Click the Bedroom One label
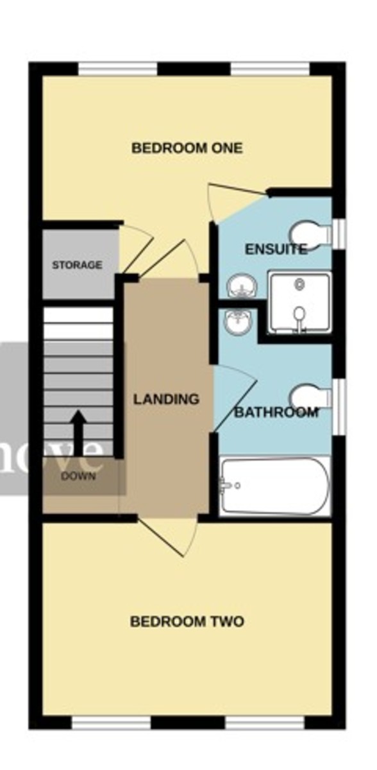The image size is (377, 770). (x=187, y=148)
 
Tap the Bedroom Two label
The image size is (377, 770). (x=187, y=622)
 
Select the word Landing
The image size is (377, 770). (x=166, y=399)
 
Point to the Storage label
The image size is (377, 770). (x=77, y=265)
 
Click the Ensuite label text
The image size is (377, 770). (x=275, y=250)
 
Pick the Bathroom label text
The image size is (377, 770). (x=276, y=412)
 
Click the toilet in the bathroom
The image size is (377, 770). (x=310, y=397)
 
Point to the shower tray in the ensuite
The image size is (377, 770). (x=299, y=304)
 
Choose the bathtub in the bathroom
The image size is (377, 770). (x=274, y=486)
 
